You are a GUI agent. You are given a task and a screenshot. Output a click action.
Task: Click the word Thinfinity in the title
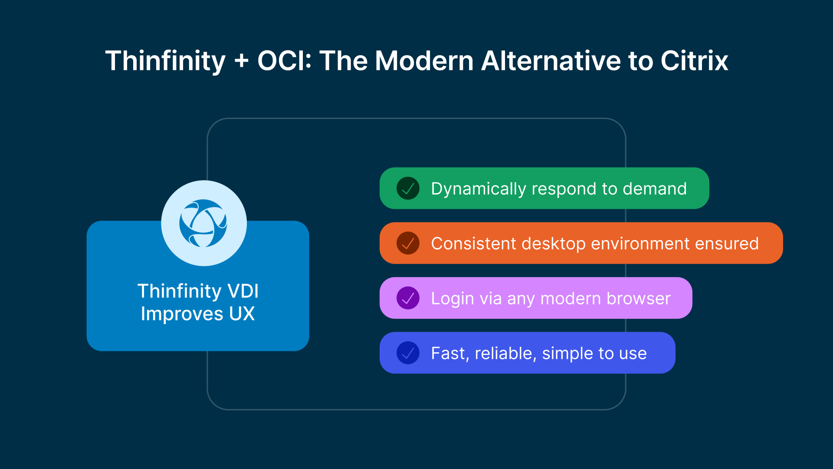(x=165, y=61)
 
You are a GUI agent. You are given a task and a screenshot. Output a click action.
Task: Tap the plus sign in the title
(x=242, y=61)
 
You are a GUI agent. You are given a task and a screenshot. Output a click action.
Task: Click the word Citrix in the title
(x=694, y=61)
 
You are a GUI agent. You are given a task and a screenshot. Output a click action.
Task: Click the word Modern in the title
(x=424, y=61)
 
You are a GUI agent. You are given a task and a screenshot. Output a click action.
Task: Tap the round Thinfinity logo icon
(x=203, y=223)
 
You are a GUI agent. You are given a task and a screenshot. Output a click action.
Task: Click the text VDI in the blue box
(x=243, y=291)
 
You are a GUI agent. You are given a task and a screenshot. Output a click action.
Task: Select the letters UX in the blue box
(x=242, y=314)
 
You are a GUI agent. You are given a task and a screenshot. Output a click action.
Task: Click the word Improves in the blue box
(x=182, y=314)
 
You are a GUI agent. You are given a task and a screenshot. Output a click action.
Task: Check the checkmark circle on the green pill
(x=408, y=188)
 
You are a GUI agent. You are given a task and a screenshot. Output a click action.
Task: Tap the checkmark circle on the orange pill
(x=408, y=243)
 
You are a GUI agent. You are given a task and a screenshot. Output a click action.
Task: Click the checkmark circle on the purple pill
(x=408, y=298)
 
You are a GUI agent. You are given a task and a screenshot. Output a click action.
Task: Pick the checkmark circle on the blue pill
(x=408, y=353)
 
